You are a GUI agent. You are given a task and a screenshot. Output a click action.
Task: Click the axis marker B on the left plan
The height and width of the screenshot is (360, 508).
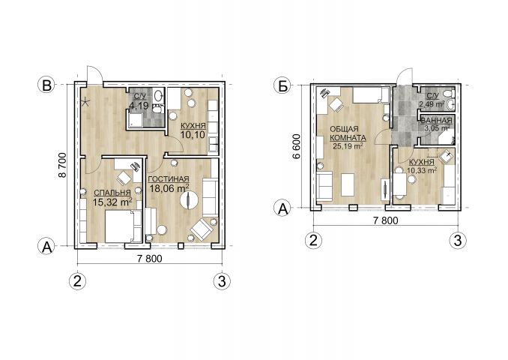(47, 85)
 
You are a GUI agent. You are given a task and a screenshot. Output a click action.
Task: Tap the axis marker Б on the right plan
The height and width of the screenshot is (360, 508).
(282, 86)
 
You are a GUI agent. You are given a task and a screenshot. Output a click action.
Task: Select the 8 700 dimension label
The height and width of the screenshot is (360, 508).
(61, 165)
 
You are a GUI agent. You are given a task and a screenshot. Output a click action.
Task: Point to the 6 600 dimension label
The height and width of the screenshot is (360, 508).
(296, 146)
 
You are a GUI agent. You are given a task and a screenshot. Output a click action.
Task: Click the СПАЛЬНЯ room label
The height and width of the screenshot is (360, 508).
(112, 193)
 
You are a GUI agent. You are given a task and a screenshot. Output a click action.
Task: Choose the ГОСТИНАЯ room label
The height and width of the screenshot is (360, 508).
(168, 179)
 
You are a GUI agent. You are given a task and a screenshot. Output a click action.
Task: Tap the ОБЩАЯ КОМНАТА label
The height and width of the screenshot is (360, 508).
(348, 133)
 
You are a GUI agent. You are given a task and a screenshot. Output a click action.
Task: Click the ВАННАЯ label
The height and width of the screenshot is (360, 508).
(436, 121)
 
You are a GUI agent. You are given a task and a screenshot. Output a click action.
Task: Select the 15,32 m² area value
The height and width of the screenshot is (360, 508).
(112, 202)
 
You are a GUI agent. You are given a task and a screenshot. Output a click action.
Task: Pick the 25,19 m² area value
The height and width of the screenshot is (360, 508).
(348, 146)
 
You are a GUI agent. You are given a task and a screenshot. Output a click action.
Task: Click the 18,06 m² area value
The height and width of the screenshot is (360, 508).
(169, 188)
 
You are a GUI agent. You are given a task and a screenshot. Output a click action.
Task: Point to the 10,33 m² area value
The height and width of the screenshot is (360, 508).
(422, 169)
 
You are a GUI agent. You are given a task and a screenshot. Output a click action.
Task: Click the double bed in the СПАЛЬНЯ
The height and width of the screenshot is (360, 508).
(124, 226)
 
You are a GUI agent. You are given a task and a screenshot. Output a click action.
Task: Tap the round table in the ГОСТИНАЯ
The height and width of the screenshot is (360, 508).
(189, 199)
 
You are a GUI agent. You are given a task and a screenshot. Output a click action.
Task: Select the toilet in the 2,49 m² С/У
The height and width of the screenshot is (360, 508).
(450, 94)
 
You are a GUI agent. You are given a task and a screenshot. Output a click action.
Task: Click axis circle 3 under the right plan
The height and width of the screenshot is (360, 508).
(458, 241)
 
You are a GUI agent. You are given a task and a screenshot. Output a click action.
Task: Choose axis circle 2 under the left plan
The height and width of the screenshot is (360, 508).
(78, 280)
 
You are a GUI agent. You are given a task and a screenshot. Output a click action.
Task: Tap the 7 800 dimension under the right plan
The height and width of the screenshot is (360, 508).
(386, 220)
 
